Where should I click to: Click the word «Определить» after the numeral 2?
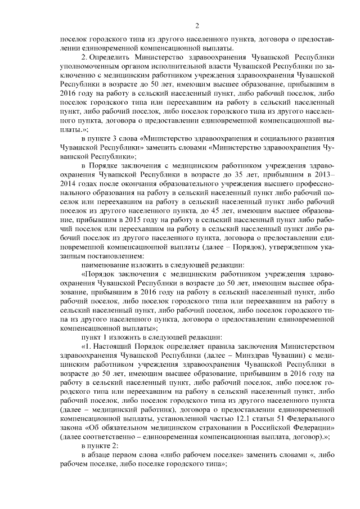111,57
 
